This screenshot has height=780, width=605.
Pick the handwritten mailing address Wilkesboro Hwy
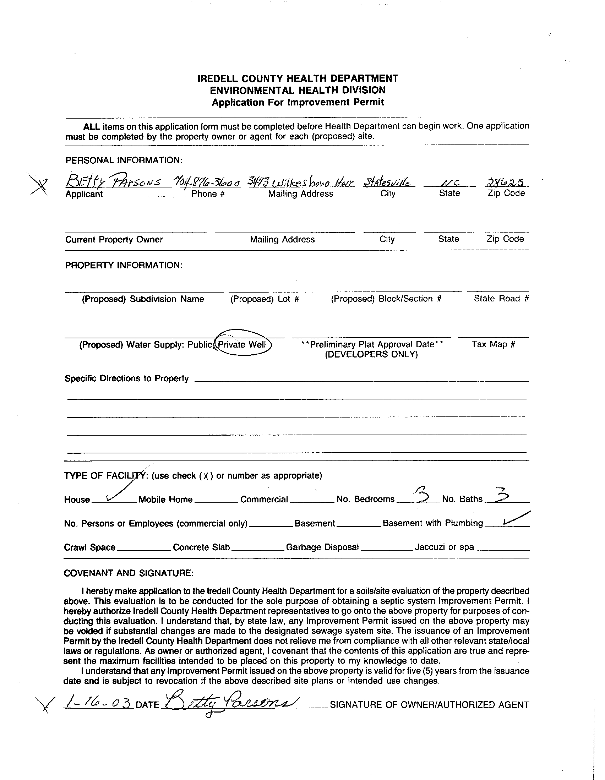pos(301,182)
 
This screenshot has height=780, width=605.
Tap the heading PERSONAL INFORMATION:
pos(124,160)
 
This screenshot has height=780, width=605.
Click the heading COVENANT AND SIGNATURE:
pos(129,573)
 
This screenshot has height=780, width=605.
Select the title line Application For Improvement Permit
pos(298,103)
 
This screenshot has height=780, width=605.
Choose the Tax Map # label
pos(493,344)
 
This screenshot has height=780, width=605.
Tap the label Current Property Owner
pos(114,240)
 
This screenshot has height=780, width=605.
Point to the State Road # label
pos(501,299)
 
